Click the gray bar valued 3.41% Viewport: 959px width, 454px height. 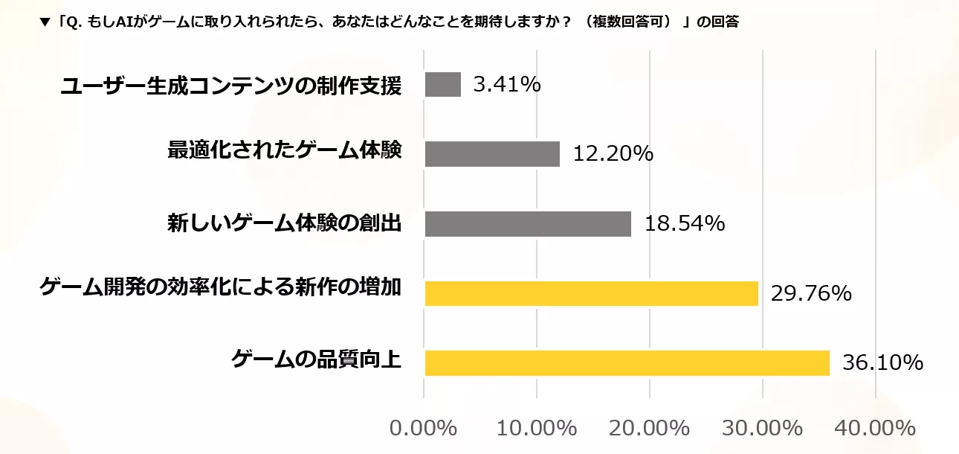click(443, 84)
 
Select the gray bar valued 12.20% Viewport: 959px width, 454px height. click(492, 154)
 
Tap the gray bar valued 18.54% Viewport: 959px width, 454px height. click(528, 224)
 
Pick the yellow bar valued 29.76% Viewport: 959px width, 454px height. click(591, 293)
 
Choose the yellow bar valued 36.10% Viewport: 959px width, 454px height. click(627, 363)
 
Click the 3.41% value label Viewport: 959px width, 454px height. click(507, 84)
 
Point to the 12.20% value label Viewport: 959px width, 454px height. click(613, 154)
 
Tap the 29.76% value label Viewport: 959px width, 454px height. click(811, 293)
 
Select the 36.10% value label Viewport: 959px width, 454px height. click(882, 363)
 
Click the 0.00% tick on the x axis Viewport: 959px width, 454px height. click(423, 429)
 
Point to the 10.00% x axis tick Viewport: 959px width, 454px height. click(536, 429)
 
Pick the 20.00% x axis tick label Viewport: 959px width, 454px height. click(650, 429)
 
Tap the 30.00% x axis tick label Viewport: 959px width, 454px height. click(763, 429)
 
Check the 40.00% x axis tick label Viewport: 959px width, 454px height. click(876, 429)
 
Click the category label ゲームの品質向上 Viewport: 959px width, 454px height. click(317, 360)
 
